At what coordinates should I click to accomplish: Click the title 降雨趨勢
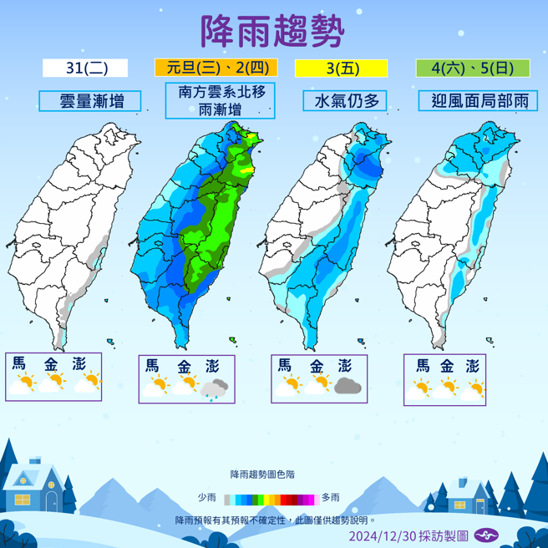[272, 33]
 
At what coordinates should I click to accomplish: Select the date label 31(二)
[86, 68]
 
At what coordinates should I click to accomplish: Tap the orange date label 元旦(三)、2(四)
[216, 68]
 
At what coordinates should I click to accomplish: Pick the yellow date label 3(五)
[342, 68]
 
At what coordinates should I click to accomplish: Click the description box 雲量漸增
[90, 101]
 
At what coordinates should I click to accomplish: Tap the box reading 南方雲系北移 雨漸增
[221, 100]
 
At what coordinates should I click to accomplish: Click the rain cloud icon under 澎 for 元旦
[216, 387]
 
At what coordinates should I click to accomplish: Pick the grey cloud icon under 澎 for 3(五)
[347, 385]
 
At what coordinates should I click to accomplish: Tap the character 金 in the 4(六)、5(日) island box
[449, 366]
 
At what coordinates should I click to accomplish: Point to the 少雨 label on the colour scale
[206, 498]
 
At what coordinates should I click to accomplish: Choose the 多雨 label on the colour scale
[330, 498]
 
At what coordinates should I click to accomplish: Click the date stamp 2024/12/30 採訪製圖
[408, 535]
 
